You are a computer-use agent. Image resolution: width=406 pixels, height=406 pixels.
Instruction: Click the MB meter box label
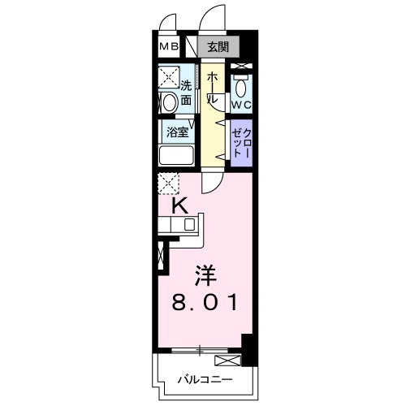click(x=168, y=46)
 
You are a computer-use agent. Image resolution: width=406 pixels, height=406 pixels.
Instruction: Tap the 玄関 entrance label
click(x=217, y=46)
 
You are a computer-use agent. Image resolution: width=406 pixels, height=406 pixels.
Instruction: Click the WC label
click(x=240, y=105)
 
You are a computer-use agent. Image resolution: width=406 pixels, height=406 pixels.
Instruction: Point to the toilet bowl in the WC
click(x=241, y=86)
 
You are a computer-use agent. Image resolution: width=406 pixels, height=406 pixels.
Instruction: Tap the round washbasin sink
click(x=168, y=102)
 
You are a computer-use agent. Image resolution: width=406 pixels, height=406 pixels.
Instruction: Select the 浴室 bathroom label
click(x=178, y=130)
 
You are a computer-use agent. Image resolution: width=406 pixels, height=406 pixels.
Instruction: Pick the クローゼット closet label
click(x=240, y=143)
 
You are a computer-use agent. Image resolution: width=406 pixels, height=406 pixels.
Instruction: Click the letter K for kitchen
click(x=180, y=206)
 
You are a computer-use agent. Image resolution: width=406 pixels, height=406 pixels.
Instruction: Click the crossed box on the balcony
click(x=227, y=360)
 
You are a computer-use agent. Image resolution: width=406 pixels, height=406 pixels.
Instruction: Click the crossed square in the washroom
click(x=170, y=77)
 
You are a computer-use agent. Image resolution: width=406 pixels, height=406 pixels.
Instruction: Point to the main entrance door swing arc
click(x=214, y=18)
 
